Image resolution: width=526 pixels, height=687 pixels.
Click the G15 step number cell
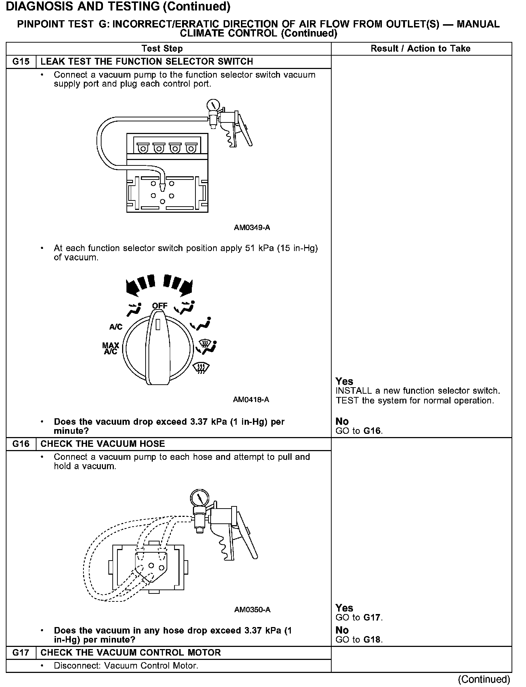[21, 62]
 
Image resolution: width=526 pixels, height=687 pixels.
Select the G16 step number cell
[21, 444]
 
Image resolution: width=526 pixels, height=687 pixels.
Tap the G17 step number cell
[21, 653]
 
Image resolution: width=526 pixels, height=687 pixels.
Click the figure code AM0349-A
[252, 228]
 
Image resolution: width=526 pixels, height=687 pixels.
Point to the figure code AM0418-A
[251, 400]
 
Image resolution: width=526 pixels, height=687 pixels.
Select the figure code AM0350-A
[252, 610]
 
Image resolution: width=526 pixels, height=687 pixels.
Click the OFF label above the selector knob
[160, 306]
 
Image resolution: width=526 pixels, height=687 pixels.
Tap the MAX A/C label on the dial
[111, 349]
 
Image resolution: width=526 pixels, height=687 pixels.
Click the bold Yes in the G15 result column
[344, 381]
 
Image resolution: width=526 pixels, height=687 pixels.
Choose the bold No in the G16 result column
[342, 630]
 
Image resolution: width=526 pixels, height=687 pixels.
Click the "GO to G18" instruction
[359, 640]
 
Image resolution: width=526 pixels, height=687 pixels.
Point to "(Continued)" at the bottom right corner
[484, 679]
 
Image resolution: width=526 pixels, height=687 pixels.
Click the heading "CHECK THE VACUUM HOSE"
[103, 444]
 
